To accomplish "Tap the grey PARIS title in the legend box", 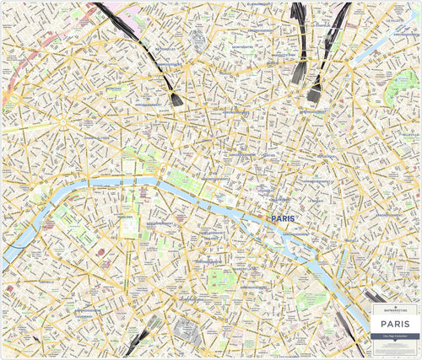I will click(x=395, y=322).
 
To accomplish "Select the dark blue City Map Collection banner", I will click(x=395, y=336).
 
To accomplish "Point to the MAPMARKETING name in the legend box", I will click(x=395, y=310).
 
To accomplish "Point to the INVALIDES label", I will click(x=127, y=216).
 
